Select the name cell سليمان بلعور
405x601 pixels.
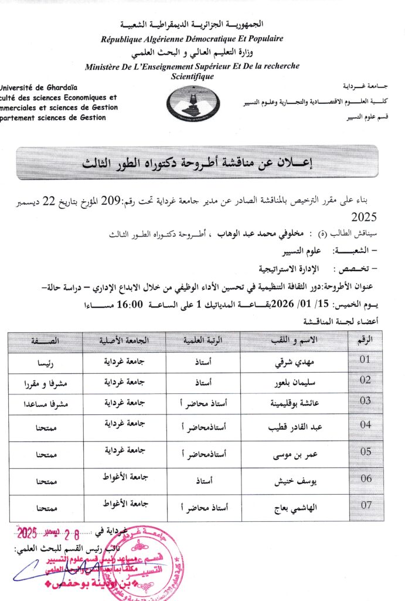point(291,382)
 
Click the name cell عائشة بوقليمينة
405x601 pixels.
point(291,402)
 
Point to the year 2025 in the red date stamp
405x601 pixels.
point(27,534)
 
